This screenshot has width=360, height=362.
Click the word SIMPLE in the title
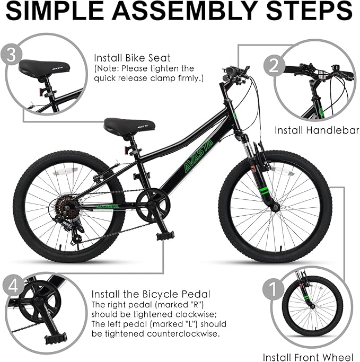(63, 11)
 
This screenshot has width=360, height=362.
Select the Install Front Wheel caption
(308, 357)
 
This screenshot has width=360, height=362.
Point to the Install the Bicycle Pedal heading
(151, 294)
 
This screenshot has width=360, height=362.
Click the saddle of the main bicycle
(129, 126)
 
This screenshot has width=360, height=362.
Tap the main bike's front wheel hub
(275, 206)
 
